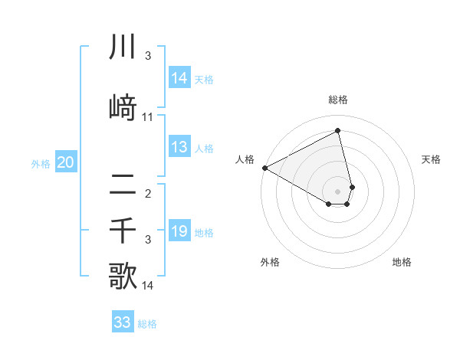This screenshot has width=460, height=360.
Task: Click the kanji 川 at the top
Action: click(x=123, y=47)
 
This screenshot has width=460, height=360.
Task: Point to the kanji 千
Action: click(x=123, y=231)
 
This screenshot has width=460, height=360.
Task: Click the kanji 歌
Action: click(x=123, y=277)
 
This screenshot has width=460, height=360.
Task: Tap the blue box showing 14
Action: click(x=179, y=78)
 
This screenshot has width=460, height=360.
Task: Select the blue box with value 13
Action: click(x=179, y=148)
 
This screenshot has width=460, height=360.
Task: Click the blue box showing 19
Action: click(x=179, y=231)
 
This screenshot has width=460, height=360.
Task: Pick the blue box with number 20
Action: click(x=66, y=162)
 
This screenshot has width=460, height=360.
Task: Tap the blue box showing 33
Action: click(x=123, y=322)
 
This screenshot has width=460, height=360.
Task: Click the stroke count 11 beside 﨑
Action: click(x=148, y=117)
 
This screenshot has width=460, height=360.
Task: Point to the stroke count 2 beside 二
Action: click(x=148, y=194)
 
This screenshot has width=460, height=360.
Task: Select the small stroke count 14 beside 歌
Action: click(x=148, y=286)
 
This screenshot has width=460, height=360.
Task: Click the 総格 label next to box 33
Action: click(x=147, y=324)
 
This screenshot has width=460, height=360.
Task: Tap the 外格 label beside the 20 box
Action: click(x=41, y=163)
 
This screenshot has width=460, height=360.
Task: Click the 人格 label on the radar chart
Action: click(x=245, y=159)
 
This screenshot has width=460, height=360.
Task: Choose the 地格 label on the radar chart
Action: click(x=402, y=262)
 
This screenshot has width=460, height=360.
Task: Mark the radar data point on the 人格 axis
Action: click(x=264, y=168)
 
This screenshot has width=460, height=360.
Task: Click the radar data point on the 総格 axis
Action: click(x=338, y=131)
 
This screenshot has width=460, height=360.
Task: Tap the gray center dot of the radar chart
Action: click(x=338, y=191)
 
